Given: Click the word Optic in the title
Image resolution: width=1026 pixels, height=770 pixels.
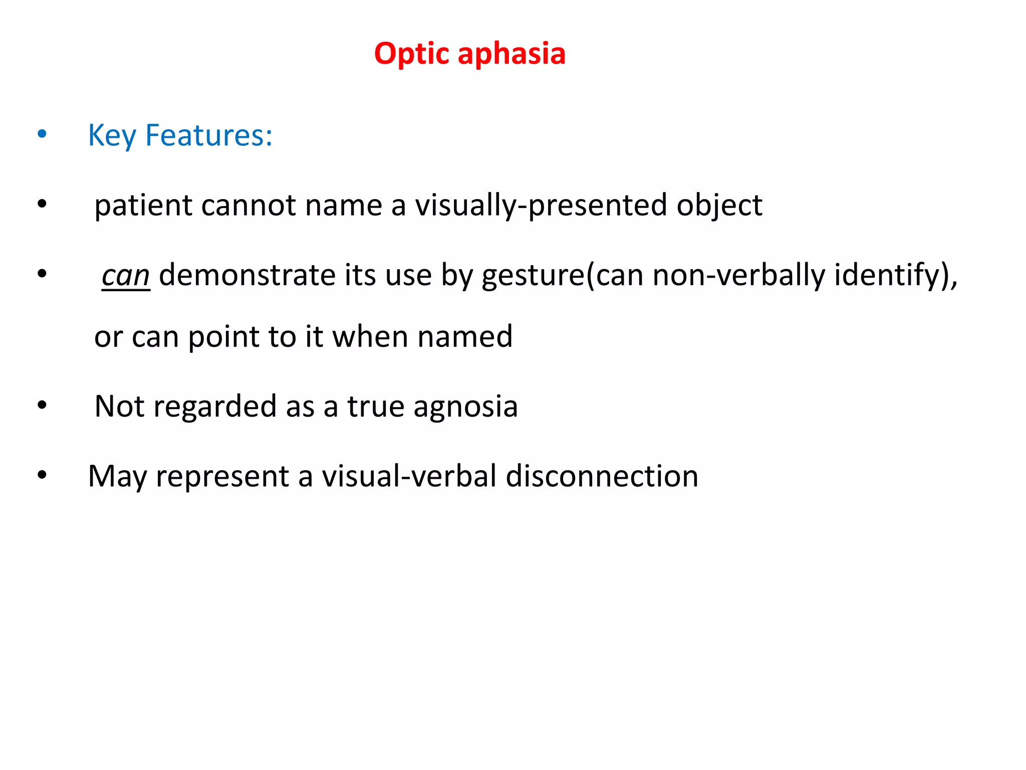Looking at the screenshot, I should coord(412,54).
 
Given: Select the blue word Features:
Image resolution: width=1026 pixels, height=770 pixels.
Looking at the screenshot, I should coord(208,135).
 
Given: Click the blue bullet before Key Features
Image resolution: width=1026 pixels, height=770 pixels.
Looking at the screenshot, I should coord(42,134).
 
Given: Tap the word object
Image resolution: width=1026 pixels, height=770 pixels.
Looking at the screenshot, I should coord(719,206).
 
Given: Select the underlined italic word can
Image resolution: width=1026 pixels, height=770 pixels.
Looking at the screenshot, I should coord(125,276).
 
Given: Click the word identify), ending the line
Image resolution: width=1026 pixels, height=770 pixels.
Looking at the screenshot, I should coord(896,275).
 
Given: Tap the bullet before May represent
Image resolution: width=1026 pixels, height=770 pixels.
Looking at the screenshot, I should coord(42,475).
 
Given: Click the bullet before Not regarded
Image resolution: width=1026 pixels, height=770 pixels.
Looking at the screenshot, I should coord(42,405).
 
